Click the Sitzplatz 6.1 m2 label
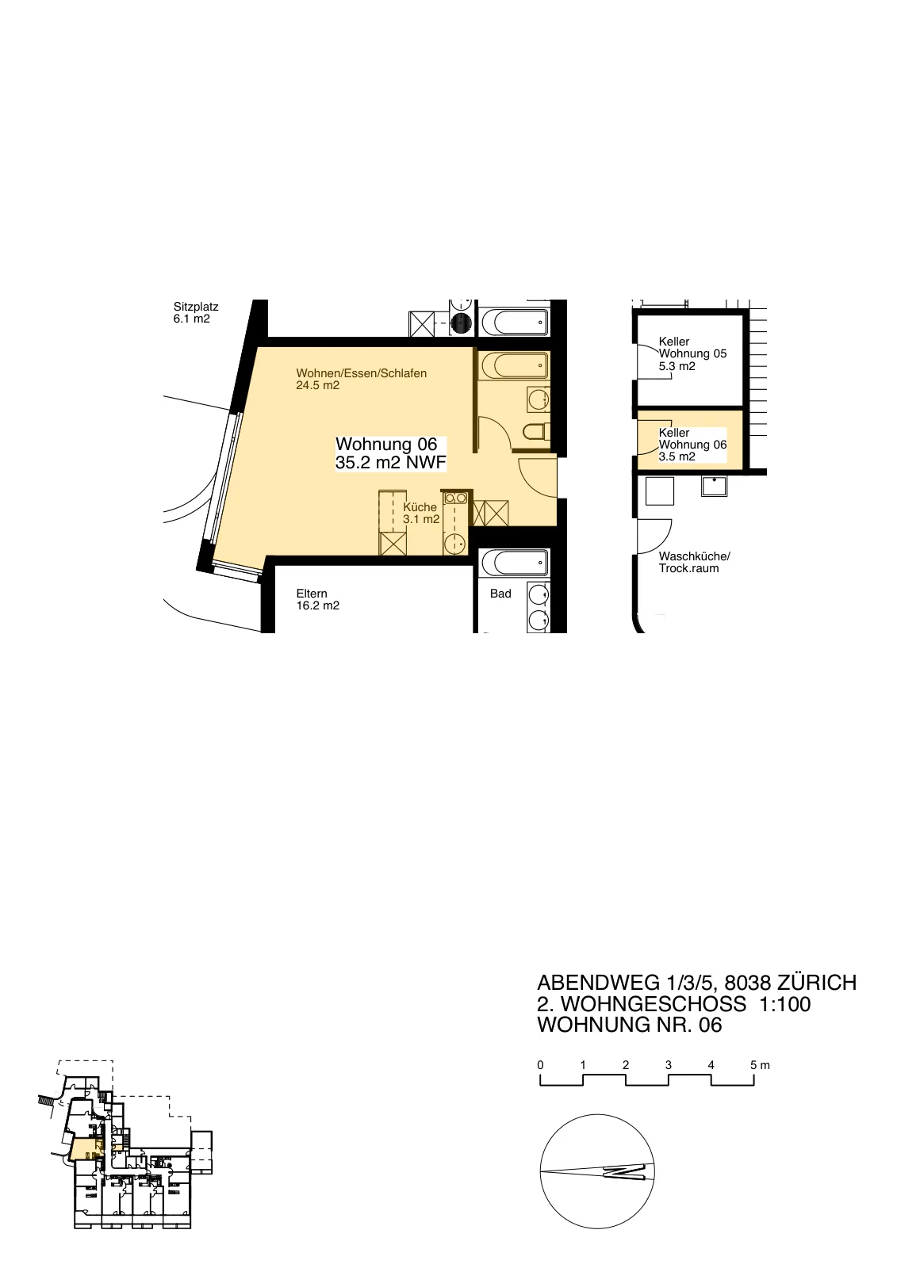195,312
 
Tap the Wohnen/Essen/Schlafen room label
361,380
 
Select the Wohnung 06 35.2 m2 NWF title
390,453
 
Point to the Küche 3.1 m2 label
420,513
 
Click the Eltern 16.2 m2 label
317,599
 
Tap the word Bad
500,594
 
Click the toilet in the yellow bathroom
535,433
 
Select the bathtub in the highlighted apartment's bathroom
513,366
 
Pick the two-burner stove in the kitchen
456,498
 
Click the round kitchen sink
454,544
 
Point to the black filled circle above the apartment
461,323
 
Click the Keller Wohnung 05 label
692,353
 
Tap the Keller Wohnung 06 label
692,445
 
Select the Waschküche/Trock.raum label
694,562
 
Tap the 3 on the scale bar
668,1065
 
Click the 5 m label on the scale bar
760,1065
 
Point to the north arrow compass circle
597,1171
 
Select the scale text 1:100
785,1003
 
